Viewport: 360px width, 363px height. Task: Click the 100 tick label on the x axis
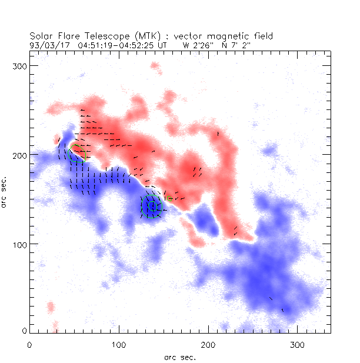click(x=119, y=344)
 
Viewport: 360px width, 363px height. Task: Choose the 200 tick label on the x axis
click(x=208, y=344)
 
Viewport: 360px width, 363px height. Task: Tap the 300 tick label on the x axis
click(x=298, y=344)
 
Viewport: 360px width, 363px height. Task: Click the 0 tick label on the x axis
click(x=29, y=344)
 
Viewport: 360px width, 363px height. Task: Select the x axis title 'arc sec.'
click(x=180, y=357)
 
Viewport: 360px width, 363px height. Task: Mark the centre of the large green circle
click(x=152, y=206)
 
